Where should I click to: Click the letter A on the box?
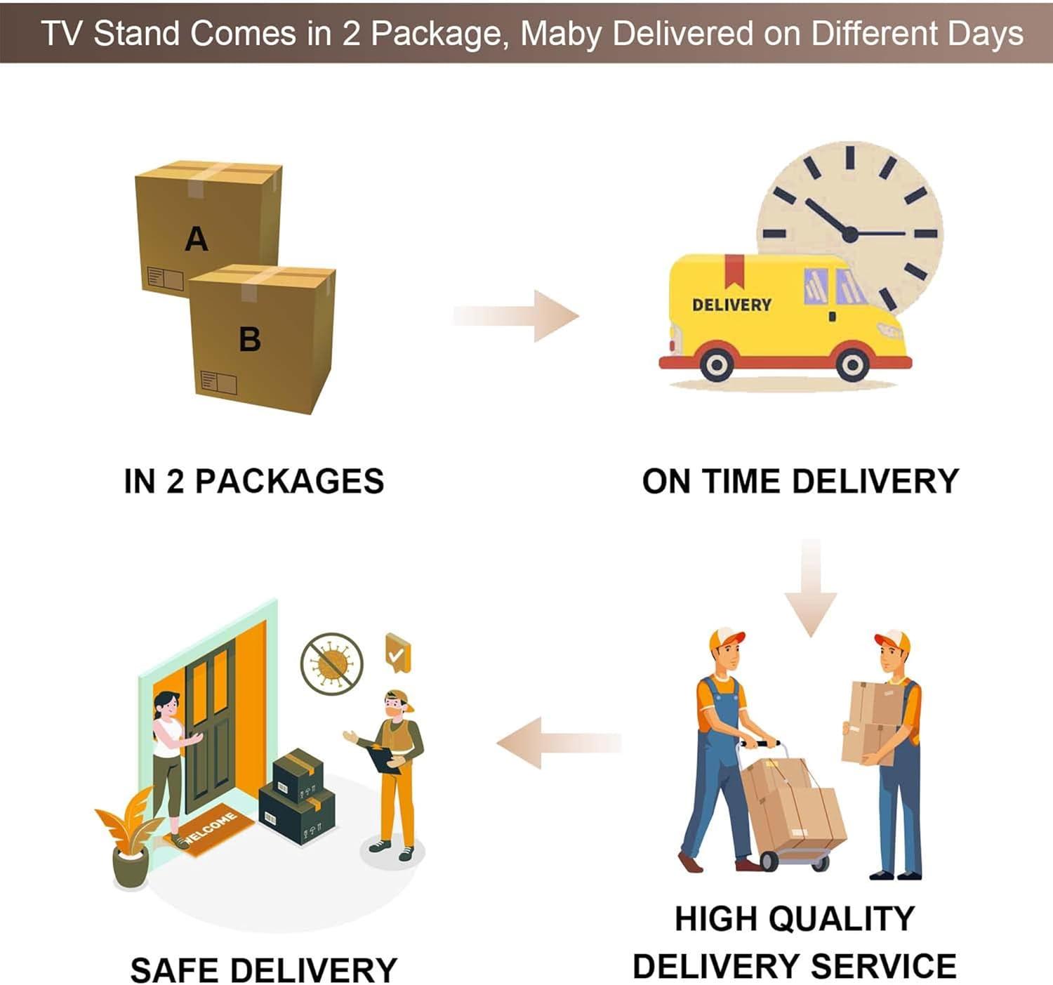(x=197, y=239)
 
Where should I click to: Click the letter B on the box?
(x=250, y=339)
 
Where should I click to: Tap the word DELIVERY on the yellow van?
(x=731, y=305)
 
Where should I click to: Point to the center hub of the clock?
(x=849, y=234)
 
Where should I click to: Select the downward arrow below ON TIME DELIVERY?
(x=811, y=587)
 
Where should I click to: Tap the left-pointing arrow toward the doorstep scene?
(x=559, y=743)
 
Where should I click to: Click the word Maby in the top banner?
(x=559, y=34)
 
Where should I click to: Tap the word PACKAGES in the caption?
(x=289, y=482)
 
